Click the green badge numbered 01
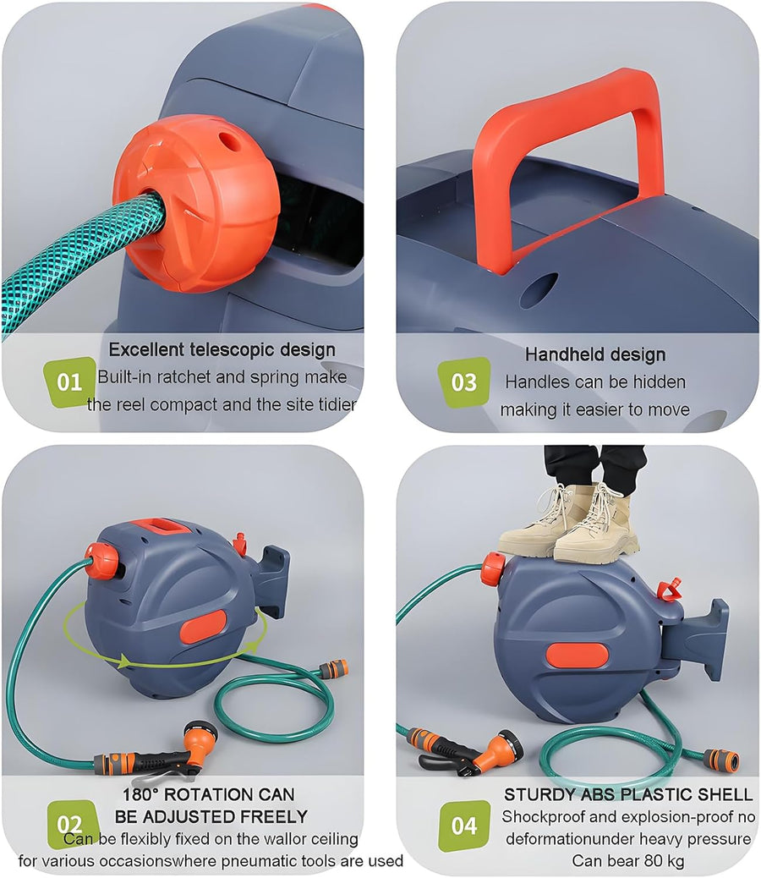click(69, 381)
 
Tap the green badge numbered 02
click(71, 823)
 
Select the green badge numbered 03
click(464, 381)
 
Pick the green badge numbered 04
click(464, 826)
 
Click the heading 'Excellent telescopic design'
click(222, 349)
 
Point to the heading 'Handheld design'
click(595, 354)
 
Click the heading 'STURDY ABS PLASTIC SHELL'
click(628, 794)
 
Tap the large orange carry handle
click(565, 162)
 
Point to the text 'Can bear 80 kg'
click(627, 860)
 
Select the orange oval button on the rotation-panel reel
click(203, 625)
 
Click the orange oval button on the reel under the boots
click(577, 656)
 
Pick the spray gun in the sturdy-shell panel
click(464, 749)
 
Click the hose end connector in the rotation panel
click(333, 668)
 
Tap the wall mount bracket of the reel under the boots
click(699, 639)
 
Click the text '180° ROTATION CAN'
click(208, 794)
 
